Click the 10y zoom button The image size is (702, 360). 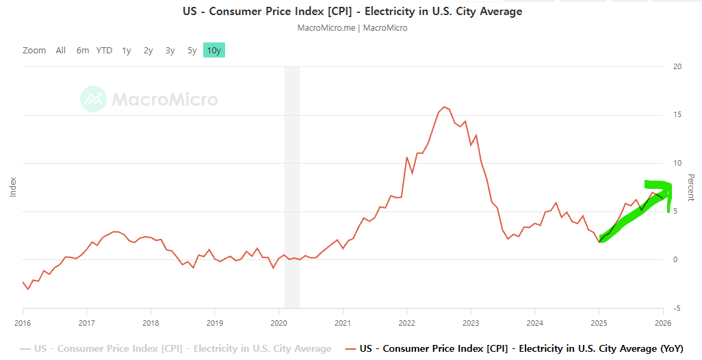coord(213,50)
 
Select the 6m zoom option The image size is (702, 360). coord(83,50)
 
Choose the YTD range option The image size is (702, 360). coord(104,50)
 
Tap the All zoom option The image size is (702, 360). coord(61,50)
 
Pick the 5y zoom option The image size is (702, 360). coord(192,50)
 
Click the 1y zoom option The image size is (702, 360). coord(127,50)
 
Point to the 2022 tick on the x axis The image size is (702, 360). coord(407,322)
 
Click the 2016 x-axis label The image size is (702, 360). coord(23,322)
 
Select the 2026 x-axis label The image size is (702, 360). coord(663,322)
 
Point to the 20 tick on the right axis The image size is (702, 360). coord(677,66)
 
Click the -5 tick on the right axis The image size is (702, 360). coord(677,308)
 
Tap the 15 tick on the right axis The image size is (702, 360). coord(677,115)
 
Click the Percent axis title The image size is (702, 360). coord(690,188)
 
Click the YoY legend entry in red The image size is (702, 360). coord(521,348)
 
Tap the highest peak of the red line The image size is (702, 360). coord(445,107)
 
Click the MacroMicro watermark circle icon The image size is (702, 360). coord(93,99)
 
